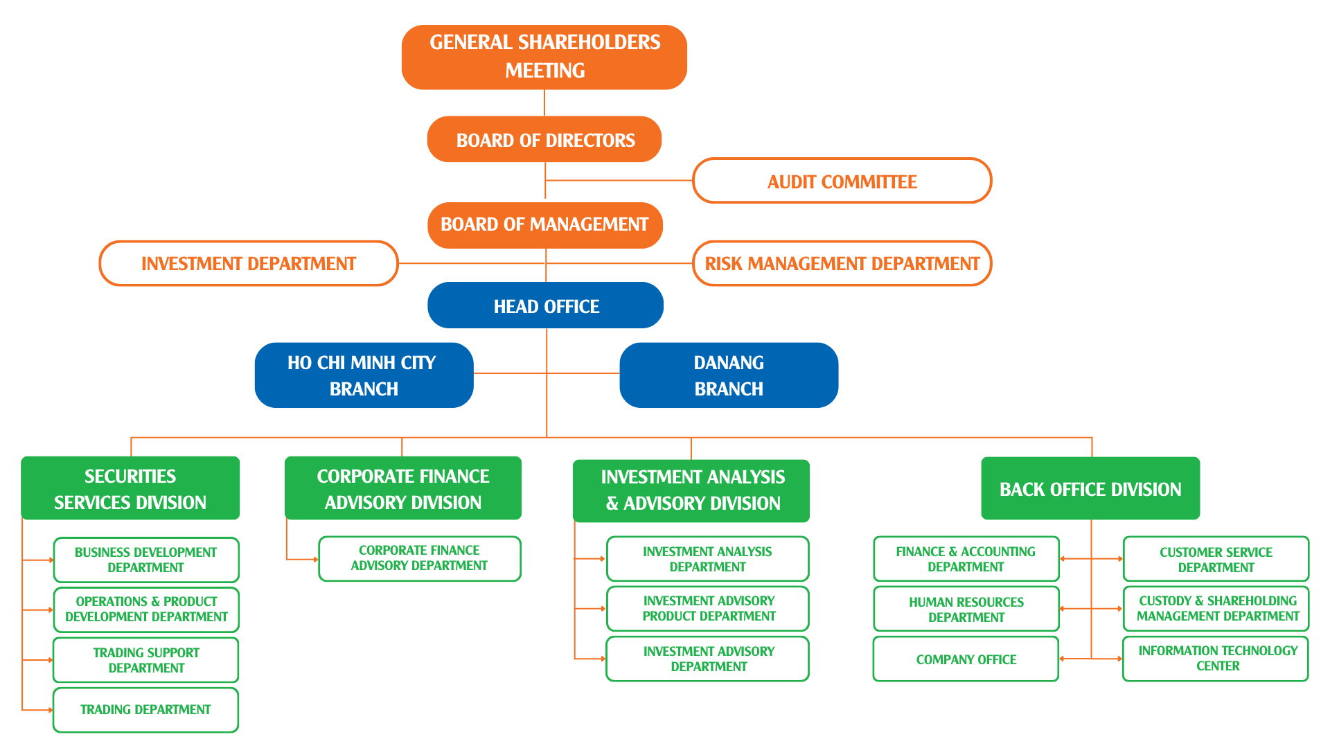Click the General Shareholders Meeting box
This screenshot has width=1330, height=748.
point(544,57)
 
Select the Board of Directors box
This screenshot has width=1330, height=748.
point(544,139)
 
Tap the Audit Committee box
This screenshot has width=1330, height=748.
point(842,181)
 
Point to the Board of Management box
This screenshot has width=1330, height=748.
point(544,224)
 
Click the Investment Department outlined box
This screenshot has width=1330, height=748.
point(248,263)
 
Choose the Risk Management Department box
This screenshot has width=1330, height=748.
point(842,263)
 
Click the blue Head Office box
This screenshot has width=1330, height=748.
point(546,305)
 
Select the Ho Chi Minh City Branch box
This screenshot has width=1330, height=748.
point(364,375)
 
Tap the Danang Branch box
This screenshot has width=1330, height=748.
point(729,375)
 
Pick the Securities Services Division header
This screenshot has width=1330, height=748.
point(130,488)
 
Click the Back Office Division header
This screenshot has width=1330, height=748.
point(1090,488)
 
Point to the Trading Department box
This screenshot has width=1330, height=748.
point(145,709)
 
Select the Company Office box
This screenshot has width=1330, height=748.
point(966,659)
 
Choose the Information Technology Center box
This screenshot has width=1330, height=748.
point(1216,658)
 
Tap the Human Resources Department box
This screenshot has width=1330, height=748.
point(966,609)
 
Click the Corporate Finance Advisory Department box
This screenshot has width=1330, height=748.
point(419,558)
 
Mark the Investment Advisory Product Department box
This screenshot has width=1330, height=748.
point(708,608)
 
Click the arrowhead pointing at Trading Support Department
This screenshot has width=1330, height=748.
point(51,660)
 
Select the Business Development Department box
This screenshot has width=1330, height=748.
point(145,560)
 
